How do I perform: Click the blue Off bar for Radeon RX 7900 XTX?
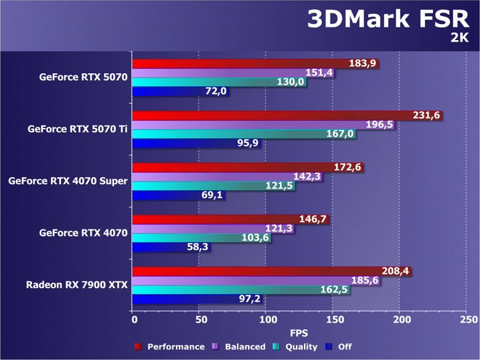coord(185,299)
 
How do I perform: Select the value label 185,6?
coord(364,280)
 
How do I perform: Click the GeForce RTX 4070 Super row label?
coord(68,181)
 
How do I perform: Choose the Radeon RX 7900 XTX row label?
coord(76,285)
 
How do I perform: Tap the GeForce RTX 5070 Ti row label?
coord(77,129)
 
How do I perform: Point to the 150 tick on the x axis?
coord(333,320)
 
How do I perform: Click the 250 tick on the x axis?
coord(467,320)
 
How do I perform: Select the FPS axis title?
coord(300,333)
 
